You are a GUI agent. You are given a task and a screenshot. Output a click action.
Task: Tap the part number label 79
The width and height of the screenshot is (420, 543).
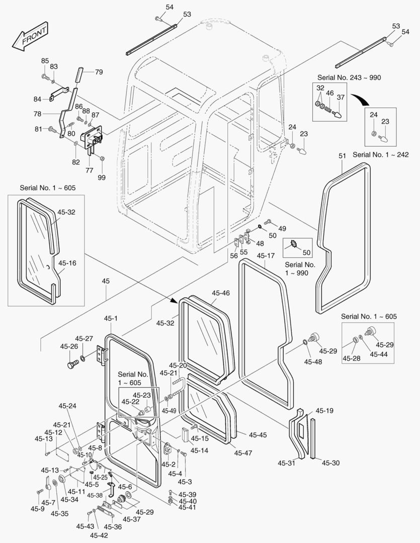point(98,72)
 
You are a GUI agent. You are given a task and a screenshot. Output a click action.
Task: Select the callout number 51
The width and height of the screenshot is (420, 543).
point(342,156)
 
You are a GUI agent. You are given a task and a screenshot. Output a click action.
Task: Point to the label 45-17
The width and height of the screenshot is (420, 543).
point(266,256)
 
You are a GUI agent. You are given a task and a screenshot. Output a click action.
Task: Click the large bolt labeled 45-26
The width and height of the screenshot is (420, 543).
point(73,362)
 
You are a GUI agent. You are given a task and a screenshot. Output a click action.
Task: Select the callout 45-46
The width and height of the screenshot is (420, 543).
point(221,293)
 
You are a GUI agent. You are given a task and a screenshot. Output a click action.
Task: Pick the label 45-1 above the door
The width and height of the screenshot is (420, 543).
point(111,318)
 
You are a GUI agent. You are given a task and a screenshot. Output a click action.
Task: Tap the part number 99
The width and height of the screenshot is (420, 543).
point(102,178)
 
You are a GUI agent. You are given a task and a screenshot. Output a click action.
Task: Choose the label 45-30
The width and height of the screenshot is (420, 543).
point(330,463)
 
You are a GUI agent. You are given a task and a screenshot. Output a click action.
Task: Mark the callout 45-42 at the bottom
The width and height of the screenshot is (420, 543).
point(99,535)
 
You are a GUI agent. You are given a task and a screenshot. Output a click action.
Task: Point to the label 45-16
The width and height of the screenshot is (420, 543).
point(67,262)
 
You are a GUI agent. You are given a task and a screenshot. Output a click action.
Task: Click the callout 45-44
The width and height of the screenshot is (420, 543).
point(378,354)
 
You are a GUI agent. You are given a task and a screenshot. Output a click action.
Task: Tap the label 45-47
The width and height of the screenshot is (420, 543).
point(243,453)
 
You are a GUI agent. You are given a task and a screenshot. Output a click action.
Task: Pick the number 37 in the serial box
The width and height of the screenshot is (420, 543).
point(340,97)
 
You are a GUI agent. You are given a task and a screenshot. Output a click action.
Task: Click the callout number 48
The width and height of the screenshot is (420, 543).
point(260,243)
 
